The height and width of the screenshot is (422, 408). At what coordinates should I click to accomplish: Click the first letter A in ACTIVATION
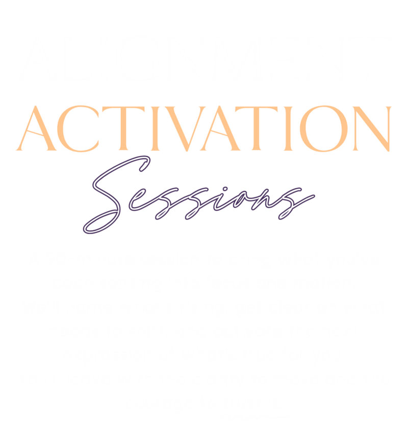[x=36, y=128]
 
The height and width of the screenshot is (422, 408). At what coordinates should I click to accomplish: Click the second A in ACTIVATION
[x=220, y=128]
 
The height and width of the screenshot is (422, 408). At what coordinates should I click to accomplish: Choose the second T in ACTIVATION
[x=256, y=129]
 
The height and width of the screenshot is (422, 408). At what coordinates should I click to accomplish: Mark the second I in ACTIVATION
[x=288, y=129]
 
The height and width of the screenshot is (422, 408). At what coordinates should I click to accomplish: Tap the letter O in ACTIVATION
[x=323, y=129]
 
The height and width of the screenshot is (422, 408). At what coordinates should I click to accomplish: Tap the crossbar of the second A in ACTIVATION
[x=218, y=132]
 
